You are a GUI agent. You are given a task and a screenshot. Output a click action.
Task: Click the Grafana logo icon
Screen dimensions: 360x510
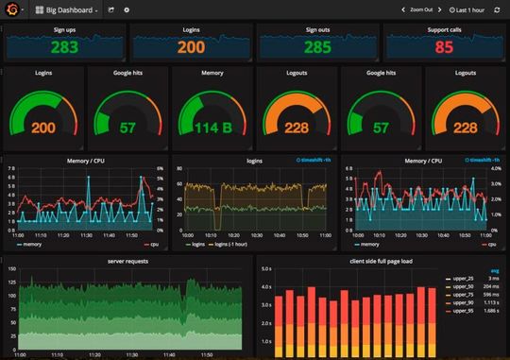[12, 9]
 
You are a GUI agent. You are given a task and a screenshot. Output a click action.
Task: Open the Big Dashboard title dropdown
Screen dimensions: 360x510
[66, 9]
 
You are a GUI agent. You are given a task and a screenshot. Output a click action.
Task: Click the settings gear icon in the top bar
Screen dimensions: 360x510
[127, 9]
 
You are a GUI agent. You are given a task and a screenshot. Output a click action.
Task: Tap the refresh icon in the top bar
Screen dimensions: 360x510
[497, 9]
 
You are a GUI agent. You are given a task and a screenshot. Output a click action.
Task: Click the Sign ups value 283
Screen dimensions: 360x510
[65, 47]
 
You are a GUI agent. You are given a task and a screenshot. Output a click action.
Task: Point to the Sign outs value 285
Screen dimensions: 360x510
[317, 47]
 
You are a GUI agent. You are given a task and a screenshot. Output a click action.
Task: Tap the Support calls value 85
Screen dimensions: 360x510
[444, 47]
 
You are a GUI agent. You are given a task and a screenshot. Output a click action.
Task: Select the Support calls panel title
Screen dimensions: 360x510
[444, 30]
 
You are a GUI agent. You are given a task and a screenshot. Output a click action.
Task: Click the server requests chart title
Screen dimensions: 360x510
[127, 260]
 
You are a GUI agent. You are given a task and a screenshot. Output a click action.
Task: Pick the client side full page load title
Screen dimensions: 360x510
[382, 260]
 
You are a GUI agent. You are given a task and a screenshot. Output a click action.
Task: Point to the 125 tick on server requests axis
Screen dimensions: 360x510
[12, 282]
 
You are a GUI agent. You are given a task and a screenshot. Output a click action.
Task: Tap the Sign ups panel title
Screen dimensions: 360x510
[65, 30]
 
